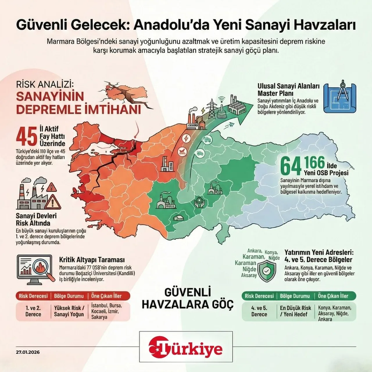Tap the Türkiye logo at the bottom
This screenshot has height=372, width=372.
[186, 348]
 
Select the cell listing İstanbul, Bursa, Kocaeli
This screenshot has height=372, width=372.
[106, 311]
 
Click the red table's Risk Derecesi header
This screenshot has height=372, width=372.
[33, 296]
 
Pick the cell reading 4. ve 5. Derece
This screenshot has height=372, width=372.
[259, 311]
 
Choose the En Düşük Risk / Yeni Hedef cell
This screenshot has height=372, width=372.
[295, 311]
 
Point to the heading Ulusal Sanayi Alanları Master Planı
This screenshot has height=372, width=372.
[288, 90]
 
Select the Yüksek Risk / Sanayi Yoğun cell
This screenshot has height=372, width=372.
[69, 311]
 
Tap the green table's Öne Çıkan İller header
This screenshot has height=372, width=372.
[333, 296]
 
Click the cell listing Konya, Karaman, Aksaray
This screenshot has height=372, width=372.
[335, 313]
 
